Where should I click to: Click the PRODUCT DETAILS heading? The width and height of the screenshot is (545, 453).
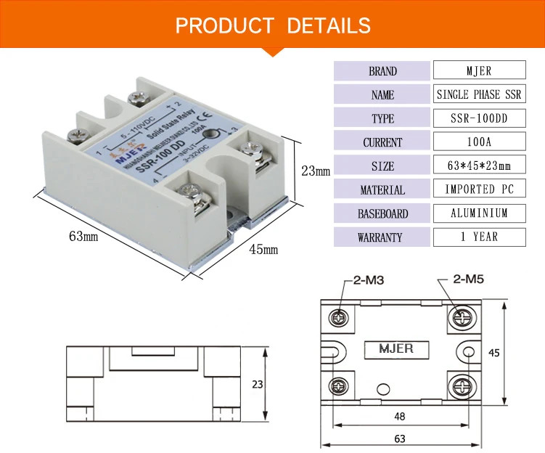pos(272,26)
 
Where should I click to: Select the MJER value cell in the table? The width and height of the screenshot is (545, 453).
pos(478,71)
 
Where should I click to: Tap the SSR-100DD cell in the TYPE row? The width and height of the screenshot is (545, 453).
pos(478,118)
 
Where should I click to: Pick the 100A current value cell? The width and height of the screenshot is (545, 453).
pos(478,142)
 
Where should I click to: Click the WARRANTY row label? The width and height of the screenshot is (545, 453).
pos(382,237)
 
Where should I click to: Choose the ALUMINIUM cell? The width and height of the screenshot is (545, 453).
pos(478,213)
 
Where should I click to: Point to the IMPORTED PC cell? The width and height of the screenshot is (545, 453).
pos(478,189)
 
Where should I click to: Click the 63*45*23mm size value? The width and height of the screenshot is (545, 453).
pos(478,166)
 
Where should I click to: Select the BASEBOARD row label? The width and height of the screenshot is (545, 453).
pos(382,213)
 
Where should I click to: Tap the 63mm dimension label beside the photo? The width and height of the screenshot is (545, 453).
pos(83,237)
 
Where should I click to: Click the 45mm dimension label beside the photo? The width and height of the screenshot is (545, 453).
pos(264,250)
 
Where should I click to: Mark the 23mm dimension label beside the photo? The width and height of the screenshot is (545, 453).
pos(316,172)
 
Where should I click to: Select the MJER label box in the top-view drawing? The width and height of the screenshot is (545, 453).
pos(396,349)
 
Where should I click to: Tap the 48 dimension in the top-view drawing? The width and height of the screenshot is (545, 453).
pos(400,416)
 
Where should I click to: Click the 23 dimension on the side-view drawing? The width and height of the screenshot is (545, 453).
pos(258,383)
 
